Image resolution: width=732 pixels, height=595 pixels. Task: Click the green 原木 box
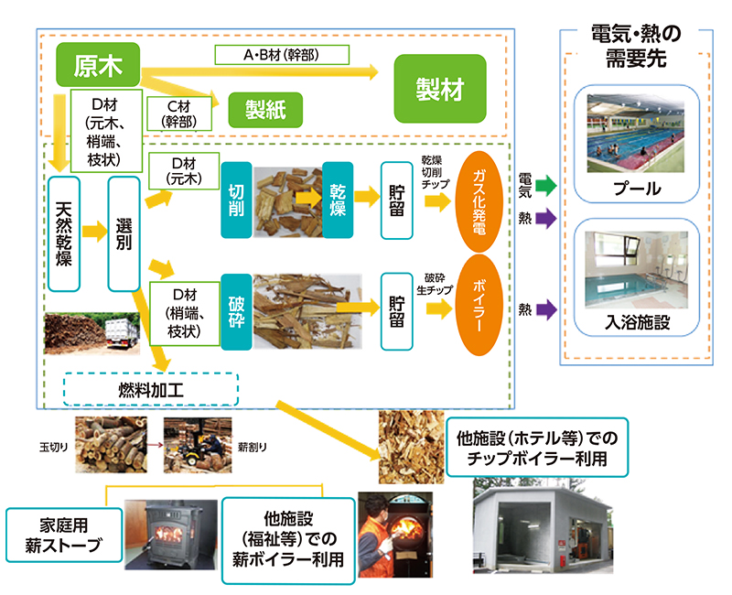[97, 65]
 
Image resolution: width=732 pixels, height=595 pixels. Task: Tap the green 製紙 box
[266, 110]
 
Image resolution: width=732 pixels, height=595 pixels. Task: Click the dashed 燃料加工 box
[151, 389]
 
